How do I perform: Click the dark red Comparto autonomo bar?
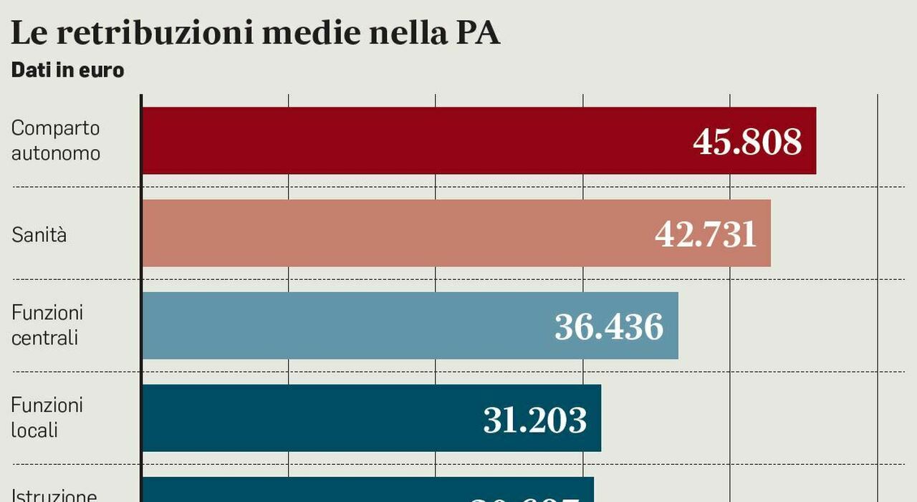pyautogui.click(x=416, y=140)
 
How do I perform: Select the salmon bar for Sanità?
pyautogui.click(x=394, y=233)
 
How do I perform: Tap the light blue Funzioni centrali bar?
pyautogui.click(x=344, y=325)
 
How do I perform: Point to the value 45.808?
pyautogui.click(x=746, y=142)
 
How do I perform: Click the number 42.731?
pyautogui.click(x=706, y=234)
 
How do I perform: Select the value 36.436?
pyautogui.click(x=609, y=327)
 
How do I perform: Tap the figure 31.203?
pyautogui.click(x=534, y=420)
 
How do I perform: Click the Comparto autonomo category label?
pyautogui.click(x=56, y=140)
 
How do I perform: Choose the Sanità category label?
pyautogui.click(x=39, y=234)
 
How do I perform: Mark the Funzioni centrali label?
pyautogui.click(x=47, y=325)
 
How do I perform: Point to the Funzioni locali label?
pyautogui.click(x=47, y=417)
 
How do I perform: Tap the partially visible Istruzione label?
pyautogui.click(x=54, y=496)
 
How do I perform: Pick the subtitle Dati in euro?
pyautogui.click(x=67, y=70)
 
